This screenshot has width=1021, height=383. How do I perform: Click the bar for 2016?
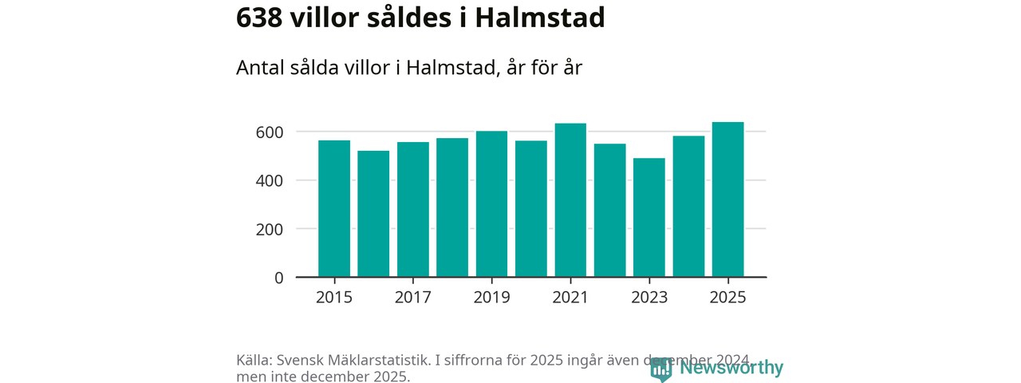coord(373,214)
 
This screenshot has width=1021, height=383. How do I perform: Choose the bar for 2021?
coord(570,200)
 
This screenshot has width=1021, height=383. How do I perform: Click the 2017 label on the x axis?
coord(413,298)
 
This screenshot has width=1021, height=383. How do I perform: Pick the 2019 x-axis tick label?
coord(491,298)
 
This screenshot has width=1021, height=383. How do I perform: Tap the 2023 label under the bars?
coord(649,298)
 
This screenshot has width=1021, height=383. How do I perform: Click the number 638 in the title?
coord(260,18)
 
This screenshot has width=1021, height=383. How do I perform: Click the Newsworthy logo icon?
coord(661,368)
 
